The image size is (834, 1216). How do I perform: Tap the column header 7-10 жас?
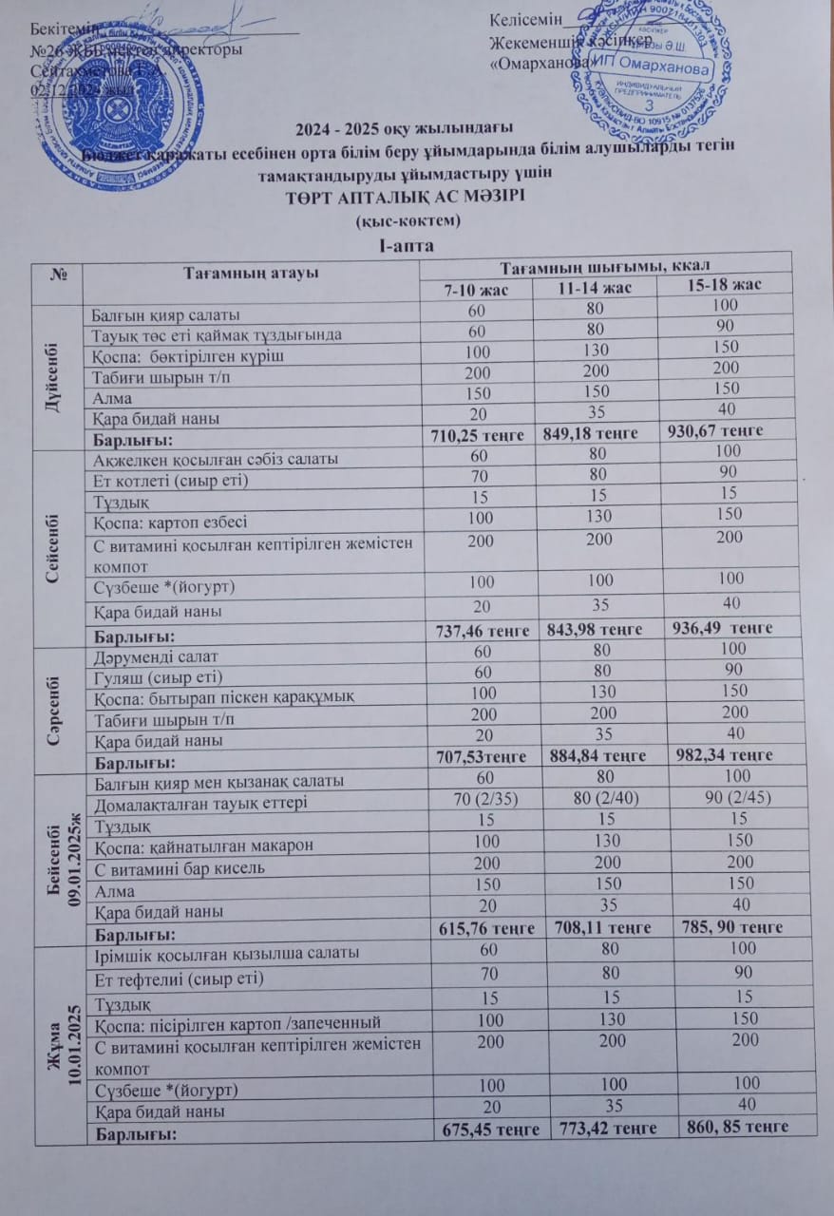(473, 286)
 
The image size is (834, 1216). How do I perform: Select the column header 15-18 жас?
(725, 282)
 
